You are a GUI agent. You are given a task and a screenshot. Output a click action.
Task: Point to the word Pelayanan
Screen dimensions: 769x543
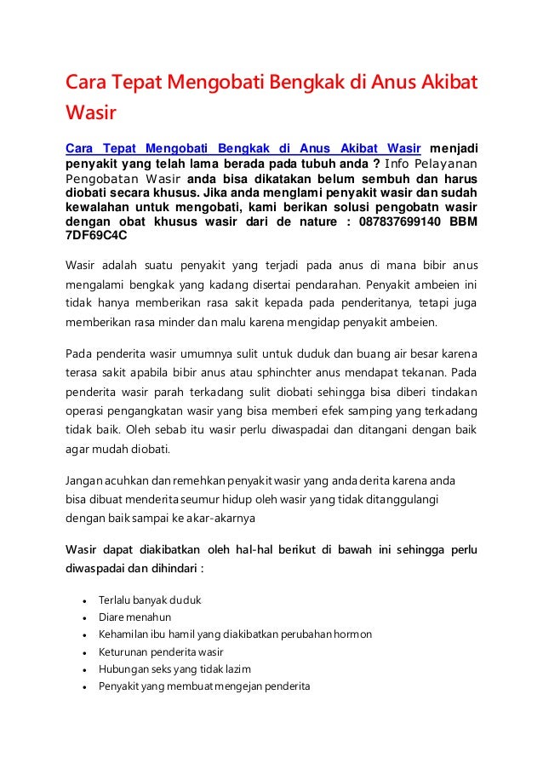pyautogui.click(x=447, y=164)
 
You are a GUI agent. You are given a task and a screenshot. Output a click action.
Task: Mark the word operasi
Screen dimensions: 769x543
pyautogui.click(x=85, y=413)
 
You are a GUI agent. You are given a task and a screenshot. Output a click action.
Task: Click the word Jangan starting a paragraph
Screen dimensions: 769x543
pyautogui.click(x=88, y=479)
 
